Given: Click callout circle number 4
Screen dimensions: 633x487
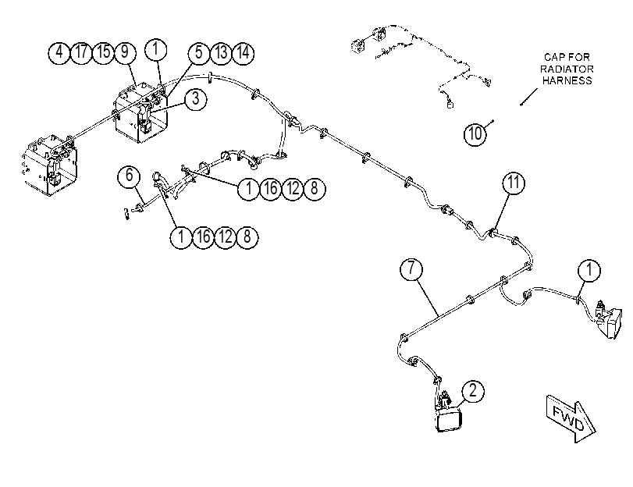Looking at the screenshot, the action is point(59,52).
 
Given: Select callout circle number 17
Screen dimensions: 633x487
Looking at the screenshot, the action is point(81,52).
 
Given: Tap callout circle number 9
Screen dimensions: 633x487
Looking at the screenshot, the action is point(125,52).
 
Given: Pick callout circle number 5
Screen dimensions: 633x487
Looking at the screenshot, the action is point(199,53).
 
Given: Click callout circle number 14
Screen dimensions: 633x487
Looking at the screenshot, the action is point(243,53).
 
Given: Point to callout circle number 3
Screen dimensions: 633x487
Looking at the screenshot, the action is point(196,98).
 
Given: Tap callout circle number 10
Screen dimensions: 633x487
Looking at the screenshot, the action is point(475,133).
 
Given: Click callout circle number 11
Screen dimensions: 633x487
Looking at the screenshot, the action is point(514,183).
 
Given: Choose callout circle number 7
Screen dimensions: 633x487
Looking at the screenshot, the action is point(411,269).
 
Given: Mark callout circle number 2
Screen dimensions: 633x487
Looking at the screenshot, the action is point(473,391).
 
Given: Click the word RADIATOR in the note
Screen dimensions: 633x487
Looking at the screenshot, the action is point(567,69).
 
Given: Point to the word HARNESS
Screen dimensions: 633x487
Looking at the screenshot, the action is point(567,80).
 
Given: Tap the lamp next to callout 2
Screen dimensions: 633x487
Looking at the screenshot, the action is point(450,420).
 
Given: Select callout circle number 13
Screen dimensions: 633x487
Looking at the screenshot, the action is point(221,53).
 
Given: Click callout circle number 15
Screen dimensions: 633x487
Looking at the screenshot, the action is point(103,52).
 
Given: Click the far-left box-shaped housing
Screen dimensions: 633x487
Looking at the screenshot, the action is point(50,165).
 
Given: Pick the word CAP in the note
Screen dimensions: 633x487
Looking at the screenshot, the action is point(553,57).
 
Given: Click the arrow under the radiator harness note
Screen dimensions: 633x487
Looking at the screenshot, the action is point(529,97).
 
